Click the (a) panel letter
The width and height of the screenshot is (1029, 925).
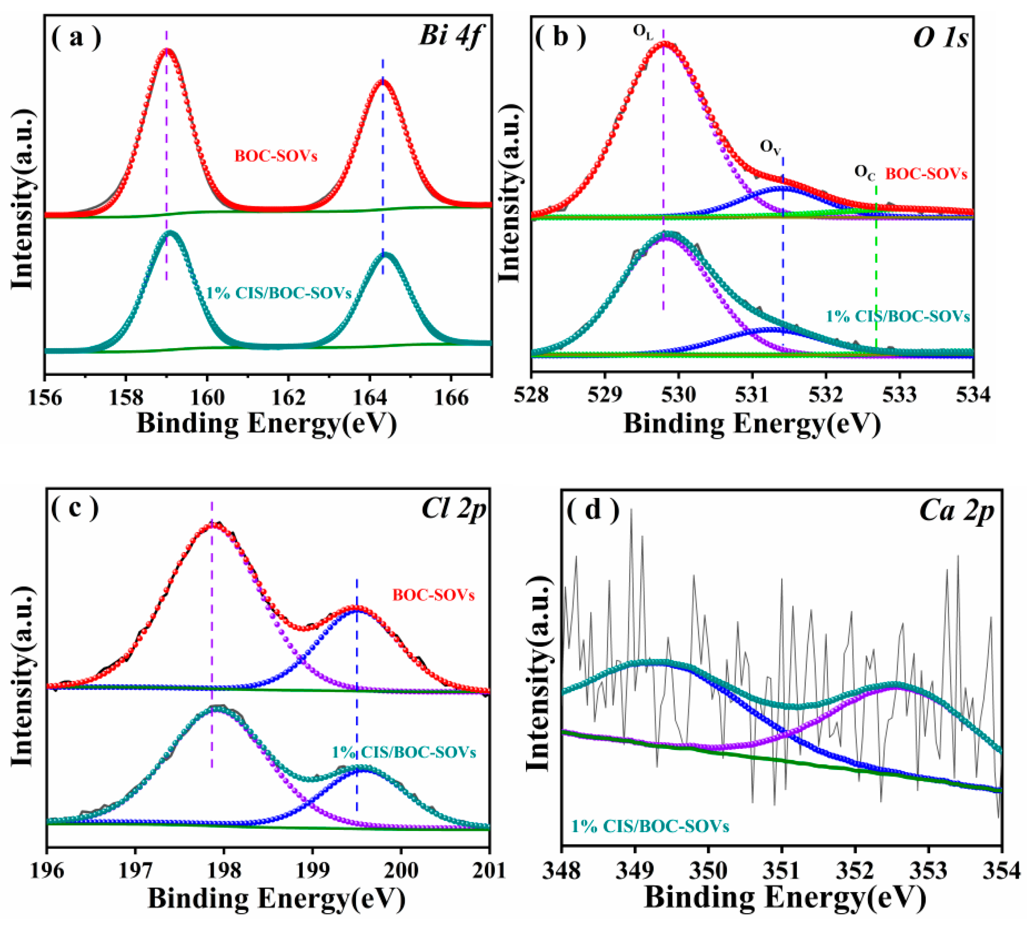point(76,37)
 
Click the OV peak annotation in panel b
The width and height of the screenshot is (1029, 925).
point(770,147)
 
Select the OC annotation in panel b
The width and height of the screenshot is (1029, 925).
point(864,173)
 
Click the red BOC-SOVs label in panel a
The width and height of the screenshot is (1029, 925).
point(275,155)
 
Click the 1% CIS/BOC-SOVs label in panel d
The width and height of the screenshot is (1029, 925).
point(650,826)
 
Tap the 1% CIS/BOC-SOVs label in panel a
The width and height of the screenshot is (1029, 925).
point(279,293)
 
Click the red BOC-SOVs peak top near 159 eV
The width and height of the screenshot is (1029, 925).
point(167,50)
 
